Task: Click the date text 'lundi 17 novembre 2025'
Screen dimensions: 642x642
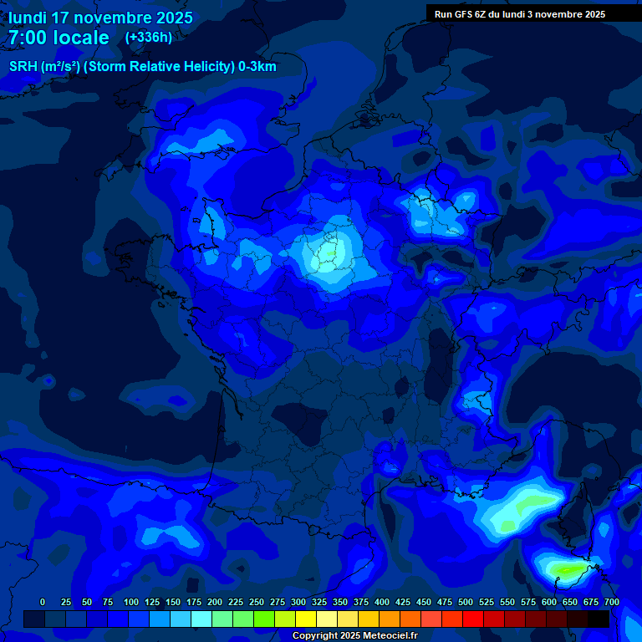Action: (x=100, y=18)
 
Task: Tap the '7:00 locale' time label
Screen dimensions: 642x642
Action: (x=59, y=38)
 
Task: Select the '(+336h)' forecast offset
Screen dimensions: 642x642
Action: (x=148, y=38)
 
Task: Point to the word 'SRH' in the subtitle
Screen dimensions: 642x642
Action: (x=23, y=67)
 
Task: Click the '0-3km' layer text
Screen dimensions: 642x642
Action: (x=257, y=67)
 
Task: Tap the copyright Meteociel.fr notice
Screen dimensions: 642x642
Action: (x=354, y=636)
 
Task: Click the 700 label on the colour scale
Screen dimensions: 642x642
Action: (x=611, y=602)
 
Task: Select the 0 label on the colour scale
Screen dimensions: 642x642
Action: (x=43, y=602)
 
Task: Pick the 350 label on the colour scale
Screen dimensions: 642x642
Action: (x=340, y=602)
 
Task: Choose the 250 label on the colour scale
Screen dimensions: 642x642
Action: (x=257, y=602)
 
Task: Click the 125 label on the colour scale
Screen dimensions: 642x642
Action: (x=152, y=602)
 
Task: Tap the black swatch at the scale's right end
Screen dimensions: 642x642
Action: (x=599, y=619)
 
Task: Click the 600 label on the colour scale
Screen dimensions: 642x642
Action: (x=549, y=602)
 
